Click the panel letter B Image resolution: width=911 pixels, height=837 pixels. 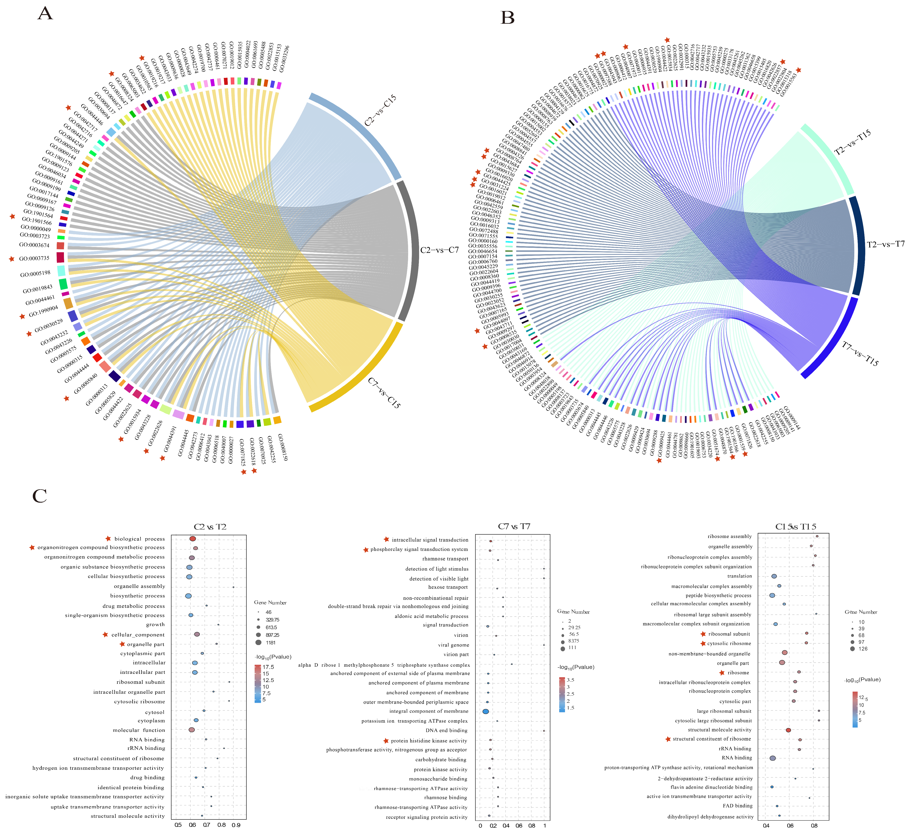click(507, 18)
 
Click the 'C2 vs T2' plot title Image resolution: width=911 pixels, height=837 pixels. click(210, 527)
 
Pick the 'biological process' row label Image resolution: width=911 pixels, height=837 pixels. click(139, 539)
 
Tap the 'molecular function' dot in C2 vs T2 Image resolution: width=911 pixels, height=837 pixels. click(192, 730)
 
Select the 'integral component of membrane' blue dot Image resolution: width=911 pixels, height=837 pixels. click(486, 712)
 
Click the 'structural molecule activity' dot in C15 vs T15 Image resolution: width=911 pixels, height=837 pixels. click(788, 730)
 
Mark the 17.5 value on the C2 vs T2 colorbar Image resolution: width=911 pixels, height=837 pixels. click(268, 667)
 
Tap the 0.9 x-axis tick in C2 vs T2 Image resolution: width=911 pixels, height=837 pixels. click(236, 825)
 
